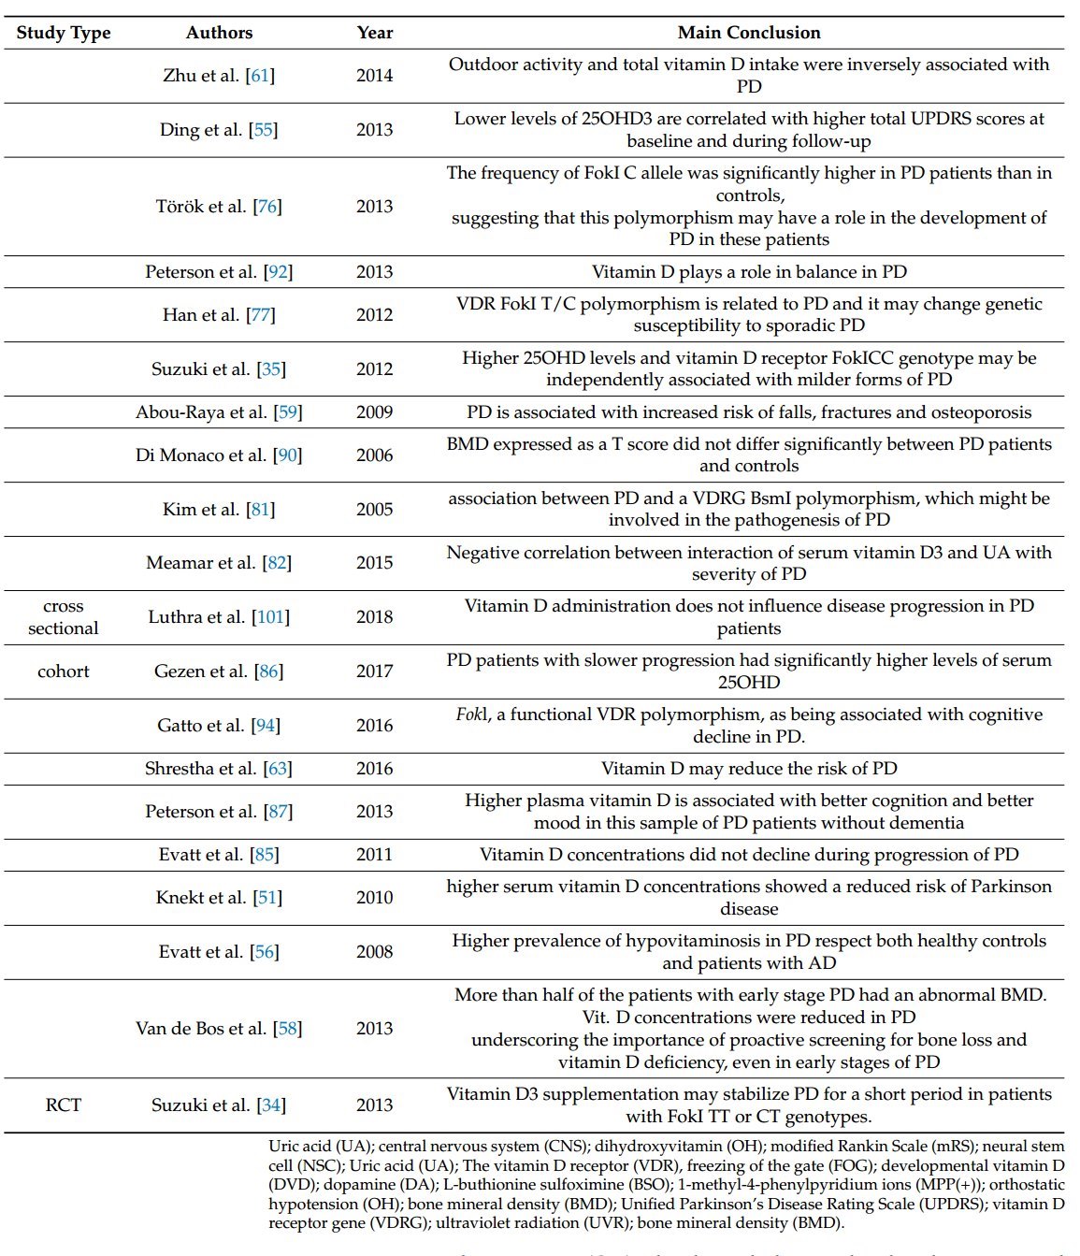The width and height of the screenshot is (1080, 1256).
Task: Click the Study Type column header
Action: pos(64,33)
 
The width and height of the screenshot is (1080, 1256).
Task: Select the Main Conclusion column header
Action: pos(749,33)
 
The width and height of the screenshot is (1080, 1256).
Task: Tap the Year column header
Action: pos(374,33)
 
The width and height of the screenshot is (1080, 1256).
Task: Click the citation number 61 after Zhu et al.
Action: pos(260,76)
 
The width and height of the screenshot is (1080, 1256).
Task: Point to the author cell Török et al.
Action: pos(219,207)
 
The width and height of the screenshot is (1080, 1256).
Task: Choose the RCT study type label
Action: pos(64,1105)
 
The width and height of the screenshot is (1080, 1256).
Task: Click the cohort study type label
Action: pos(64,671)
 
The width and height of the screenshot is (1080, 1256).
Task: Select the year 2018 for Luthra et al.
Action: pos(374,617)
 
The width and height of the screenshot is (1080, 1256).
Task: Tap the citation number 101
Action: pos(270,617)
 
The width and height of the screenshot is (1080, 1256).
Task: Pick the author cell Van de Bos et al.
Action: pos(219,1029)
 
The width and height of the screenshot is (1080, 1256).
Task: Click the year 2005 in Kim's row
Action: pos(374,510)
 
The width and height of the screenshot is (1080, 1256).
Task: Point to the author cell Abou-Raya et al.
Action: pos(219,412)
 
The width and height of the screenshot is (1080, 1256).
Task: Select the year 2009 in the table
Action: pos(374,412)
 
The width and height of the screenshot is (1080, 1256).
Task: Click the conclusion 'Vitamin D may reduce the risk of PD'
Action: pos(749,769)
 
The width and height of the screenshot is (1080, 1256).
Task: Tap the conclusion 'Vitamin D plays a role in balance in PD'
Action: pos(749,272)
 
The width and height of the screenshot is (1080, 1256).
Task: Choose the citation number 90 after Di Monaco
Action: pos(288,455)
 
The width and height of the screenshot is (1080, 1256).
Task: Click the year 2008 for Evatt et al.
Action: pos(374,952)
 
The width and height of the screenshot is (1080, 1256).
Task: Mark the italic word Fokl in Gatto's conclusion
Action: pos(471,715)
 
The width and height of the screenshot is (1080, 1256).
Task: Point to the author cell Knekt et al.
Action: pos(219,898)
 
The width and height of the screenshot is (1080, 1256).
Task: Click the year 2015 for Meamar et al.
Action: pos(374,563)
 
